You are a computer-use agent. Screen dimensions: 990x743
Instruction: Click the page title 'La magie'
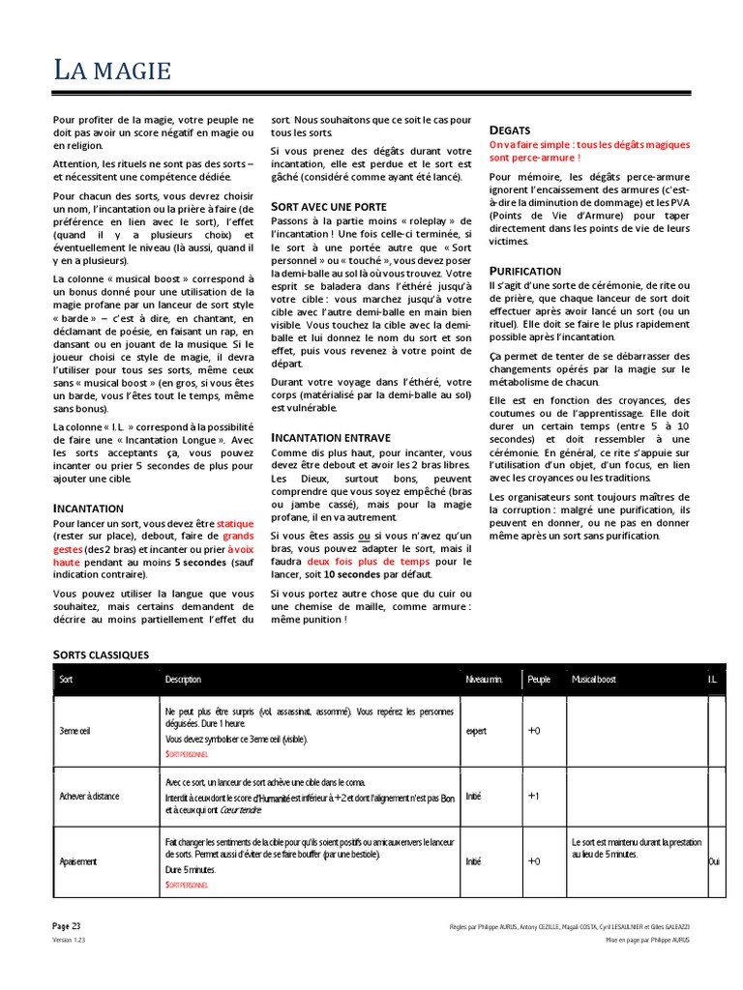(x=112, y=71)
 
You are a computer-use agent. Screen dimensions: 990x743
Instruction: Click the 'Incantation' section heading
(x=88, y=508)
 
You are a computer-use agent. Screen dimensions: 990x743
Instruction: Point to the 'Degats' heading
(x=510, y=130)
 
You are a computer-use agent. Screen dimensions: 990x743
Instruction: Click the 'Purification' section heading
(x=524, y=271)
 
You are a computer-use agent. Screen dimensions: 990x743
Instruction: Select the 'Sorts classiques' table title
(x=101, y=655)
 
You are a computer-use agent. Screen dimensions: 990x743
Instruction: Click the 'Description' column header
(x=183, y=680)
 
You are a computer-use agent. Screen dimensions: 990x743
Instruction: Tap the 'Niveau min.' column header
(x=484, y=680)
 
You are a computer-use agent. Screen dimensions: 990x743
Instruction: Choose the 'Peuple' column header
(x=539, y=680)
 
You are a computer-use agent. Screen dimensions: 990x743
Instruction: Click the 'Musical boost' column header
(x=594, y=680)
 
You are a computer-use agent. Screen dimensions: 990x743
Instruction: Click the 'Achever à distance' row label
(x=89, y=796)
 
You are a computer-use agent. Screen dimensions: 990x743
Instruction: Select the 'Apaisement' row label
(x=77, y=860)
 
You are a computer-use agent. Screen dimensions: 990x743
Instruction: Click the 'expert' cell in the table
(x=477, y=732)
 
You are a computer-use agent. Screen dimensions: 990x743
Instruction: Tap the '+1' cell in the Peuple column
(x=534, y=796)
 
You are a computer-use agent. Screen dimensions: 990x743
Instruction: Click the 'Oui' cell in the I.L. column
(x=714, y=860)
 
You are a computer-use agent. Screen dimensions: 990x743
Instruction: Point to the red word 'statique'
(x=236, y=522)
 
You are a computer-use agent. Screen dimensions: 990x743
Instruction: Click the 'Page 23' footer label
(x=67, y=925)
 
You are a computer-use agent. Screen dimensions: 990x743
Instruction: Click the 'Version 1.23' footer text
(x=69, y=939)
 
